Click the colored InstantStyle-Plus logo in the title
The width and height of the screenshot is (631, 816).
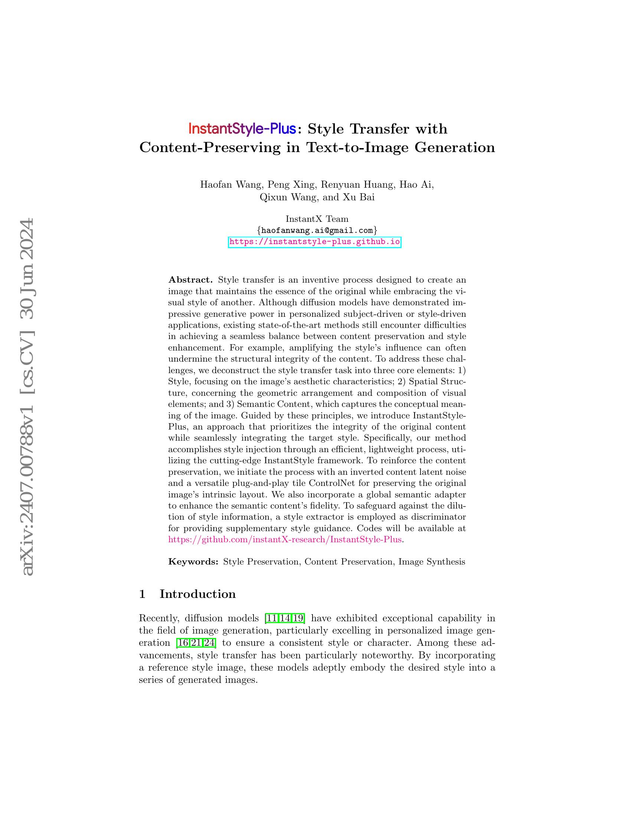click(242, 129)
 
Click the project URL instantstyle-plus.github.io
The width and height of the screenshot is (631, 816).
click(314, 242)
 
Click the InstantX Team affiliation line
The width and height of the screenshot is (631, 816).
click(317, 219)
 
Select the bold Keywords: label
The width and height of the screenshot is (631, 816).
click(193, 562)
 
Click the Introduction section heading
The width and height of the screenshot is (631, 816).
click(197, 594)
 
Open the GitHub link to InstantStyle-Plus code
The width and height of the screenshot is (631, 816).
click(285, 540)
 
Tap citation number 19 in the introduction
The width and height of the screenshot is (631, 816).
click(298, 618)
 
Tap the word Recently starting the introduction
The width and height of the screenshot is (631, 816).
click(159, 618)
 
